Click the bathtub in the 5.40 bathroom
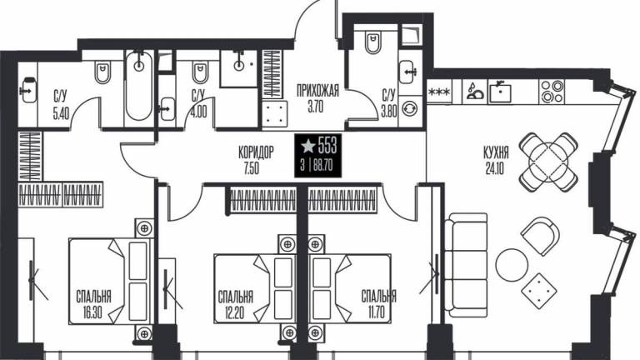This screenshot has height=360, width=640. tap(139, 87)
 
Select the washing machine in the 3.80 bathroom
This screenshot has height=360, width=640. tap(410, 108)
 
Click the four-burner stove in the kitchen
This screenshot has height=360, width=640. tap(552, 92)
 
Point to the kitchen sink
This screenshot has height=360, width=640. tap(500, 91)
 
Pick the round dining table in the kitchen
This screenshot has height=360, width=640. tap(548, 162)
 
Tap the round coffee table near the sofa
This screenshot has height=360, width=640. tap(512, 265)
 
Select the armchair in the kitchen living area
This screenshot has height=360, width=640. tap(540, 236)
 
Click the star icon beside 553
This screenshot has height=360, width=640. tap(307, 146)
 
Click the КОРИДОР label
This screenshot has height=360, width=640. tap(256, 152)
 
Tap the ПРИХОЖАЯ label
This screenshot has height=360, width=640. tap(318, 91)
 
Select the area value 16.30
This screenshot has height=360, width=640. tap(92, 313)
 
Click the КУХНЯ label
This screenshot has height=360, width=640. tap(496, 153)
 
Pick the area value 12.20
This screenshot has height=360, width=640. tap(234, 313)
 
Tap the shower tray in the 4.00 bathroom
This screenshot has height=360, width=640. tap(239, 68)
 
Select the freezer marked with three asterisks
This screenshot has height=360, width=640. tap(439, 92)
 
